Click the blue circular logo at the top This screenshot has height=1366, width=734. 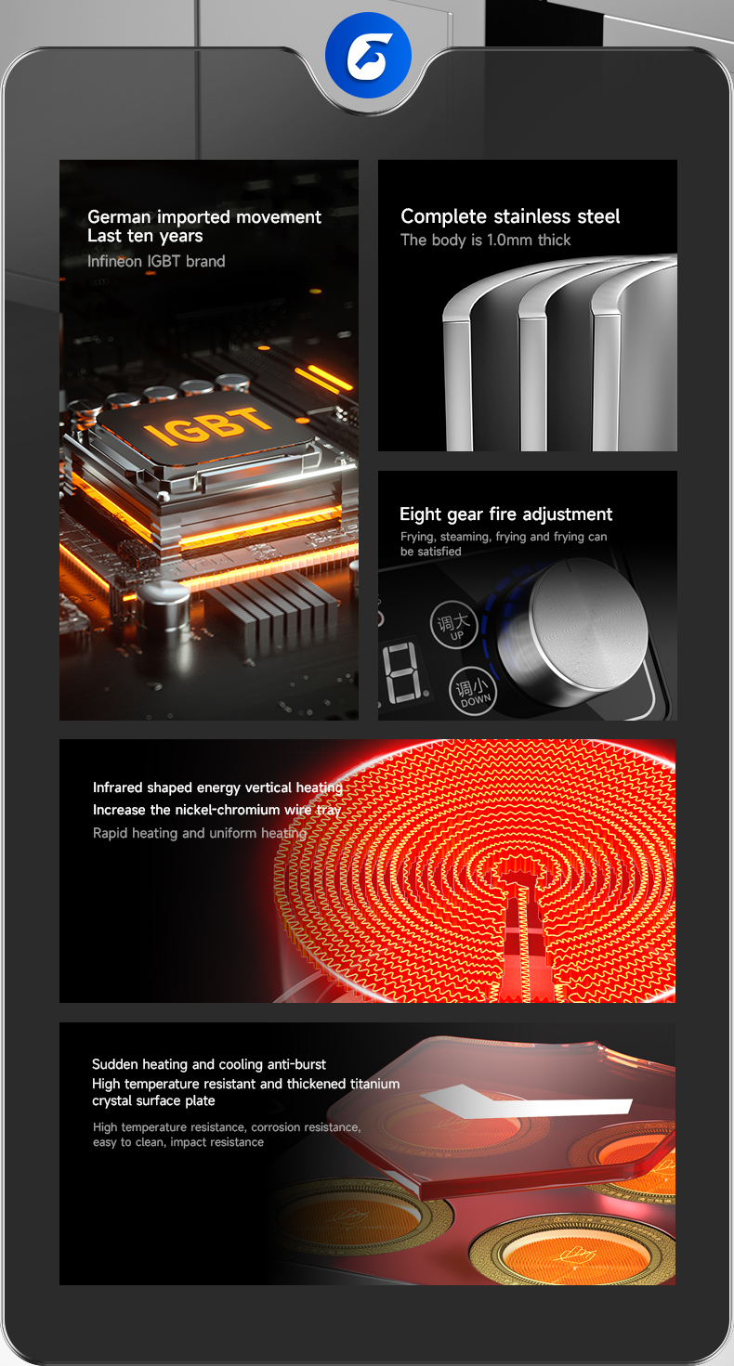[368, 55]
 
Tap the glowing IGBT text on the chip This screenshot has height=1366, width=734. [208, 424]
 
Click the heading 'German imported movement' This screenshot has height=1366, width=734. [203, 216]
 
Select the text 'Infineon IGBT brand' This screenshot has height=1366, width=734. [156, 261]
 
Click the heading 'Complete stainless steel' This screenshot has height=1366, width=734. [510, 215]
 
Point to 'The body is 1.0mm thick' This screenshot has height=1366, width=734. [486, 240]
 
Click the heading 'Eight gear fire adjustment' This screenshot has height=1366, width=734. [505, 514]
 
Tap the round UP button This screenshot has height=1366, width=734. [453, 625]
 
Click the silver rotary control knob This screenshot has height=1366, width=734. [573, 634]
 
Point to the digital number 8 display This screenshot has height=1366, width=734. [404, 671]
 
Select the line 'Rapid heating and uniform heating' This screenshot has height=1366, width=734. [200, 833]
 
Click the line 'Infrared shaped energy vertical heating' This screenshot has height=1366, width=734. [217, 787]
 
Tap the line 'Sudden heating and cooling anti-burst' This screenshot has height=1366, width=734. [209, 1064]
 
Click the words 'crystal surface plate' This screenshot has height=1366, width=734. [153, 1100]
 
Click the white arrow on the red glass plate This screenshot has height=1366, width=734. [526, 1102]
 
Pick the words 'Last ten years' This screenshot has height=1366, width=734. [145, 236]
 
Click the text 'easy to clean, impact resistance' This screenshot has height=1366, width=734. [178, 1142]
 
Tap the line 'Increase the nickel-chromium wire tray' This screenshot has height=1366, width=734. [216, 810]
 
